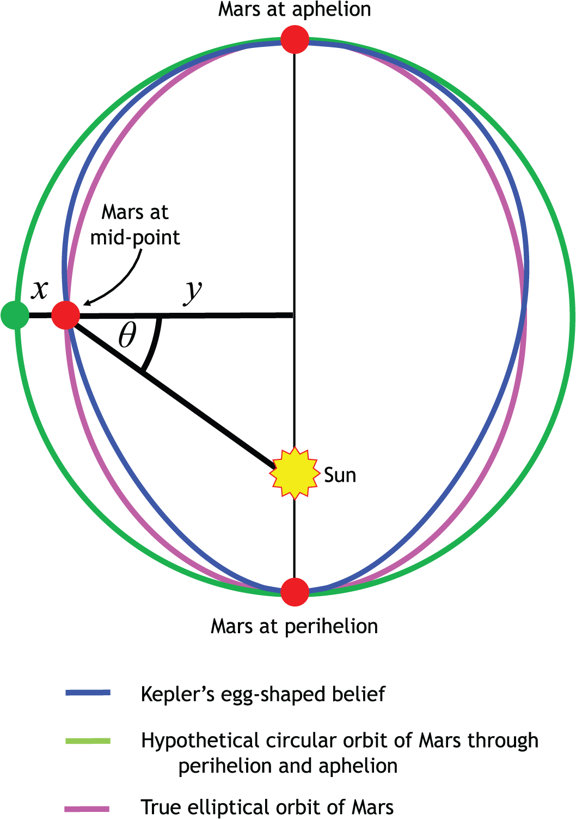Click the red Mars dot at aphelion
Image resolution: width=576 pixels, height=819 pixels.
[295, 39]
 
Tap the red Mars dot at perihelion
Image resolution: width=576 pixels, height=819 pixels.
[295, 592]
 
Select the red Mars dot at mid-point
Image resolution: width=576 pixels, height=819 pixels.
[65, 315]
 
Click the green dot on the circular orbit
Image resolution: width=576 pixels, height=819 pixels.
[15, 315]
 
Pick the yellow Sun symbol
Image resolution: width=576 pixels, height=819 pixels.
[295, 473]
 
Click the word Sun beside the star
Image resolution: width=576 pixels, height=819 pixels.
[340, 475]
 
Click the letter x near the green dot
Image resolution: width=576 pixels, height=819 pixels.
[39, 290]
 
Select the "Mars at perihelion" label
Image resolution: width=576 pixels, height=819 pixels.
[295, 626]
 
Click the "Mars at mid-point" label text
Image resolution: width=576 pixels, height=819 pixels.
[135, 225]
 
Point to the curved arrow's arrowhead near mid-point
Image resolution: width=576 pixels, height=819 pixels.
[87, 302]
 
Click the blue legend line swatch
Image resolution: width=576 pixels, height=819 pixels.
[88, 693]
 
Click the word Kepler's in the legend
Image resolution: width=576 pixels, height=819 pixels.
[178, 694]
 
